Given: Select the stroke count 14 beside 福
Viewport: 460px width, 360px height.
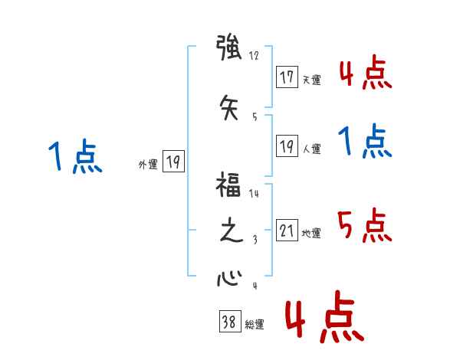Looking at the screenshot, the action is (255, 194).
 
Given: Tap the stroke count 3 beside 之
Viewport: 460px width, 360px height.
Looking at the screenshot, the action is (254, 240).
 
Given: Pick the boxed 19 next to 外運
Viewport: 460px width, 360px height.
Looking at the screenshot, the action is (173, 162).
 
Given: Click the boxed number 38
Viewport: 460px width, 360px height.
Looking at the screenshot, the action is (228, 322).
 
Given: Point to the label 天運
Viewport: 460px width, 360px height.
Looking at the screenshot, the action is (311, 80).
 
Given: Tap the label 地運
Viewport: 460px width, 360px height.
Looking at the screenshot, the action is (311, 234).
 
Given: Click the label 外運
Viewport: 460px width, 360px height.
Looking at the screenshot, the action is (148, 164).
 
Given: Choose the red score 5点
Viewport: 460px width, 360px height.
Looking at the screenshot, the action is (364, 225).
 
